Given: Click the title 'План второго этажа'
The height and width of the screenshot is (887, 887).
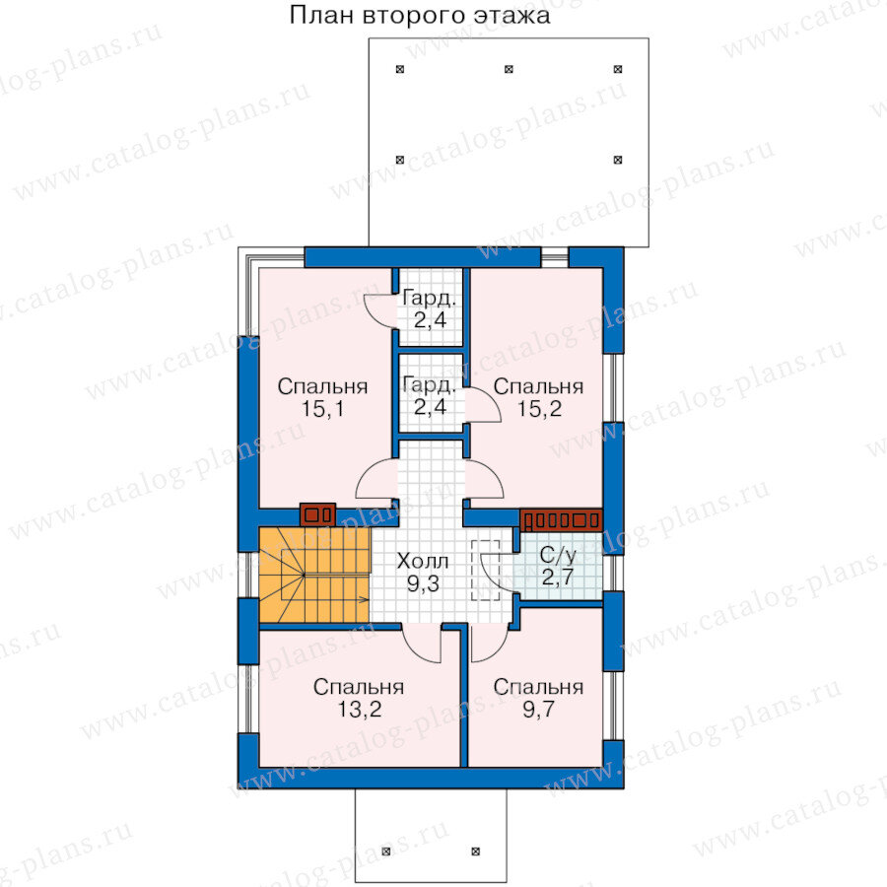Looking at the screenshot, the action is [419, 15].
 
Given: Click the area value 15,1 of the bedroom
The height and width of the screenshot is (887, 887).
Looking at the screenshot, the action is [322, 408].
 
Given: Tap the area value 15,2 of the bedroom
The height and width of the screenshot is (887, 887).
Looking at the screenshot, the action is [540, 408].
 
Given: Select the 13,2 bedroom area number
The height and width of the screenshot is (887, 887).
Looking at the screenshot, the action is [359, 709].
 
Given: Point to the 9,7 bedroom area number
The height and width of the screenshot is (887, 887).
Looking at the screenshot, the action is [538, 709].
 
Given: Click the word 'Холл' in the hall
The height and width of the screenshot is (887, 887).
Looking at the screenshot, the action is [423, 561].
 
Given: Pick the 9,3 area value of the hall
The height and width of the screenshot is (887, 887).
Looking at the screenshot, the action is [423, 583].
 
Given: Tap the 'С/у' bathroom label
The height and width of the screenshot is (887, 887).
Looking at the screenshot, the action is [558, 556].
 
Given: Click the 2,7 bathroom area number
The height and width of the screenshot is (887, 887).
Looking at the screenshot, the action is [558, 578].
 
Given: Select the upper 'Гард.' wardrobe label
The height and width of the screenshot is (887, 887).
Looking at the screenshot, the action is [429, 298].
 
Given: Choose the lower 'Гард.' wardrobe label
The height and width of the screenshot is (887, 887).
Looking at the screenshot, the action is [429, 385].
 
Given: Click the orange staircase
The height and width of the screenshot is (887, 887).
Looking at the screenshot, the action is [314, 575].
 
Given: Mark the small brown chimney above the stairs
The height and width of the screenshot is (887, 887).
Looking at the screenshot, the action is [317, 514].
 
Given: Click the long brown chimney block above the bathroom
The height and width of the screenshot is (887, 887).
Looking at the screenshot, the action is [561, 520].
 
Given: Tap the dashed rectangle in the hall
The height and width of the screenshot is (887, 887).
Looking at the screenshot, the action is [485, 570].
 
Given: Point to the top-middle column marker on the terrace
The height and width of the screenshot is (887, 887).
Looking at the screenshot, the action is [509, 69].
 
